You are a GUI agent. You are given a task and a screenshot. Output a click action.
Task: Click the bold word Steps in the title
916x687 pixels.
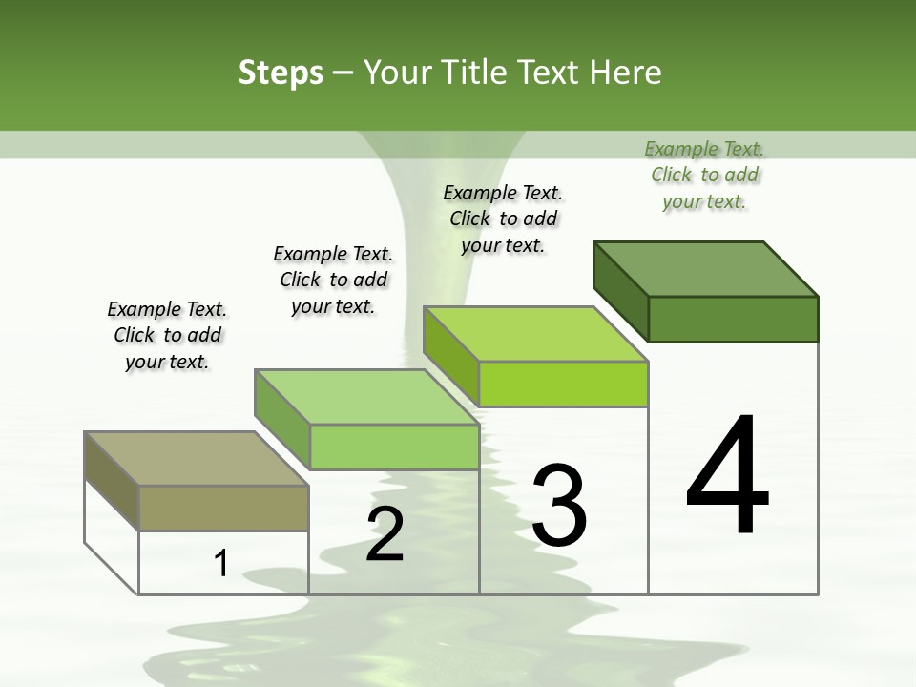click(281, 73)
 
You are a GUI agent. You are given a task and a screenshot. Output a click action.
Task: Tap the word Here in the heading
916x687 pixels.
click(626, 73)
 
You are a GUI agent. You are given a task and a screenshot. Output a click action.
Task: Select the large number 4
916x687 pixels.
click(727, 477)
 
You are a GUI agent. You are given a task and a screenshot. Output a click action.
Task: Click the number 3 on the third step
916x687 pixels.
click(559, 506)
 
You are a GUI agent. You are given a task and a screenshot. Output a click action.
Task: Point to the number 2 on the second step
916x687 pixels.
click(385, 534)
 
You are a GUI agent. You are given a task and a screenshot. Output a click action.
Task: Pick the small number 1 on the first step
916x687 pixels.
click(221, 563)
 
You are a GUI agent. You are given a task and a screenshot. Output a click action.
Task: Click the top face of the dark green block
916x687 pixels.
click(706, 268)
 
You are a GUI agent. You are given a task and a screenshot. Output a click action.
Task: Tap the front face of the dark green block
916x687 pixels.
click(733, 319)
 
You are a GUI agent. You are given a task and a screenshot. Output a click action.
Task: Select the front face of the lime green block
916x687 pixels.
click(563, 384)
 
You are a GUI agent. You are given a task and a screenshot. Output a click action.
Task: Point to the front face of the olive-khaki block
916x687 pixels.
click(223, 508)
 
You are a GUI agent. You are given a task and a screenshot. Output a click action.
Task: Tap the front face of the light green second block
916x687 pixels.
click(393, 447)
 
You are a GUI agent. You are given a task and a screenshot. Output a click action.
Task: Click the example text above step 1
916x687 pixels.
click(167, 335)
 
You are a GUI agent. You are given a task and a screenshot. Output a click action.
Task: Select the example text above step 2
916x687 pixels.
click(333, 280)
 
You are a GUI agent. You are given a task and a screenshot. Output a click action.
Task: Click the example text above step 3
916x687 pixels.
click(503, 219)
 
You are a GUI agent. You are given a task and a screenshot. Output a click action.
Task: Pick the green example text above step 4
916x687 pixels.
click(704, 175)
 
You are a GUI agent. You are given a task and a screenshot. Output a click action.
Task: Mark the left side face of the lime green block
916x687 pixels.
click(450, 356)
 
